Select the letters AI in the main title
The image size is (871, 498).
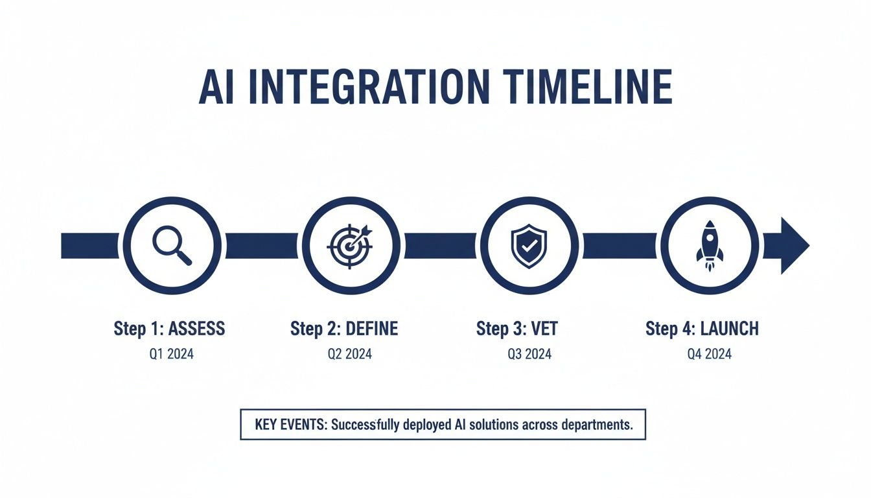216,86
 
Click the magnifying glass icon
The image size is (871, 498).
172,246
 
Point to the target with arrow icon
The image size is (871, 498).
351,246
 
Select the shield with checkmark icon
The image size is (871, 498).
529,246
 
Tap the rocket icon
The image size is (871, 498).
708,246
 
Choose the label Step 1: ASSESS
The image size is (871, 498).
169,329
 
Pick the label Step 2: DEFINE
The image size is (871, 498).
344,329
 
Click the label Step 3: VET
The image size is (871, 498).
517,329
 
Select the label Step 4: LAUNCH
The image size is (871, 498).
702,329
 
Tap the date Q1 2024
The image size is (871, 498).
171,354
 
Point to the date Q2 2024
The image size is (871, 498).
349,354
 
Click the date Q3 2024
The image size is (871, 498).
529,354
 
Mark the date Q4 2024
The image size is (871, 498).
709,354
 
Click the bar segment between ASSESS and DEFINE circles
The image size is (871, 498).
261,246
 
